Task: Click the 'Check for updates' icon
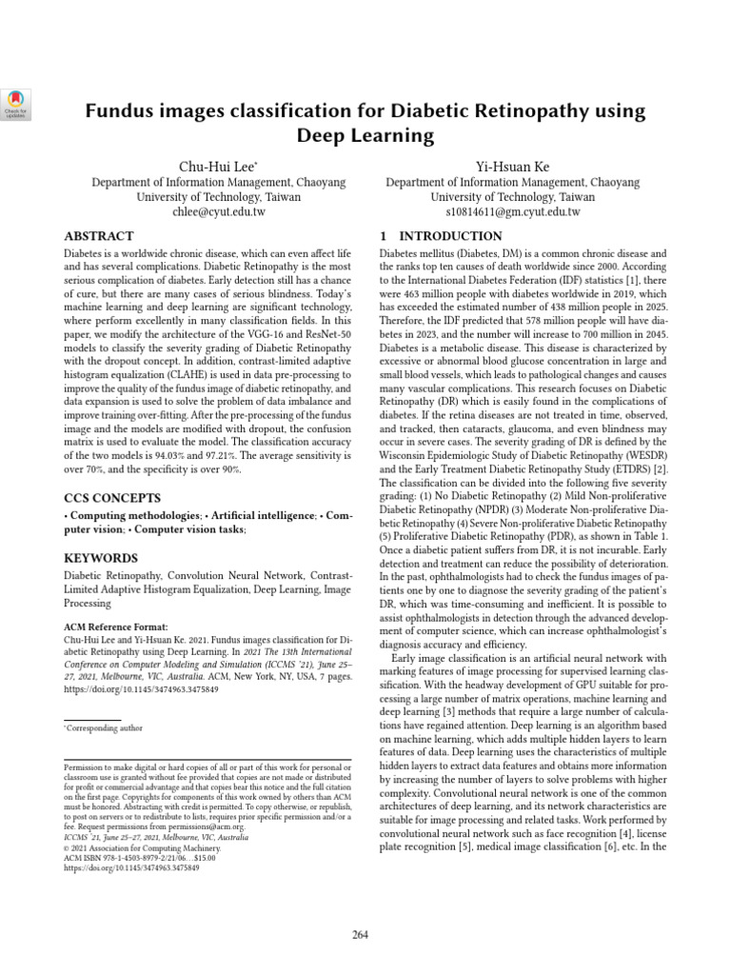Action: (18, 102)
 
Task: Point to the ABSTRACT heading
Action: (98, 236)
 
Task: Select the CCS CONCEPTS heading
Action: (111, 498)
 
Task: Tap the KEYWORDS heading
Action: (100, 558)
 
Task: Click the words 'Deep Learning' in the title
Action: (365, 136)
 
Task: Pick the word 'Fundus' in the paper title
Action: (119, 111)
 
